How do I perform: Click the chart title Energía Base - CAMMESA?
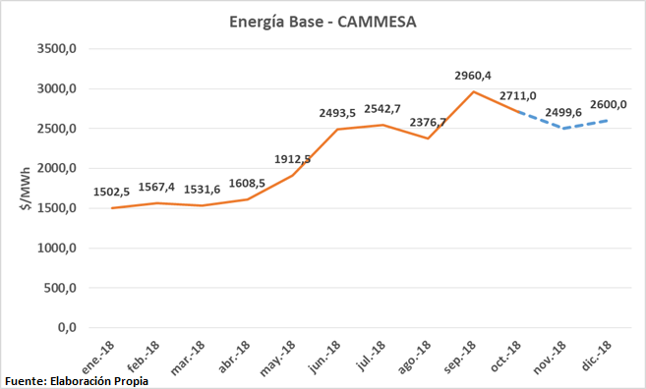click(x=323, y=21)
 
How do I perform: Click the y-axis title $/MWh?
click(x=21, y=188)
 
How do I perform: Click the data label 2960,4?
click(x=473, y=75)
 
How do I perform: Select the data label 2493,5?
click(x=337, y=113)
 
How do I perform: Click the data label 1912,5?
click(x=292, y=159)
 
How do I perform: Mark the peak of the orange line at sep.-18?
click(x=473, y=91)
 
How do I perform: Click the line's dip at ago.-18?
click(x=428, y=139)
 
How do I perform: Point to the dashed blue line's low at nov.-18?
click(x=563, y=129)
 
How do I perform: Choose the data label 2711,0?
click(x=517, y=95)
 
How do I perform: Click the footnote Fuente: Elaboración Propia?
click(x=77, y=380)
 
